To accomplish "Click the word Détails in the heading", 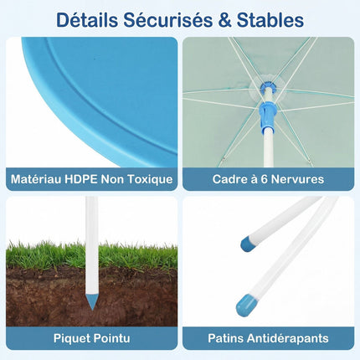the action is point(87,19).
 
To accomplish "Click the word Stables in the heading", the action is point(270,19).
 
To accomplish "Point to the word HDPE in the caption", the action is point(81,179).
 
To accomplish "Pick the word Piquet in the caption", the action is point(71,338).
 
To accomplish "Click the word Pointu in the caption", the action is point(111,338).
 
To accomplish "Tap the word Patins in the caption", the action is point(225,338).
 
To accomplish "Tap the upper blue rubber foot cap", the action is point(248,244).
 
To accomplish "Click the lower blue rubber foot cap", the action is point(245,304).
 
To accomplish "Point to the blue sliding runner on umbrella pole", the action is point(267,117).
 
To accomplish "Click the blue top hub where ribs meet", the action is point(268,85).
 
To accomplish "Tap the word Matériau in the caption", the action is point(36,179).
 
